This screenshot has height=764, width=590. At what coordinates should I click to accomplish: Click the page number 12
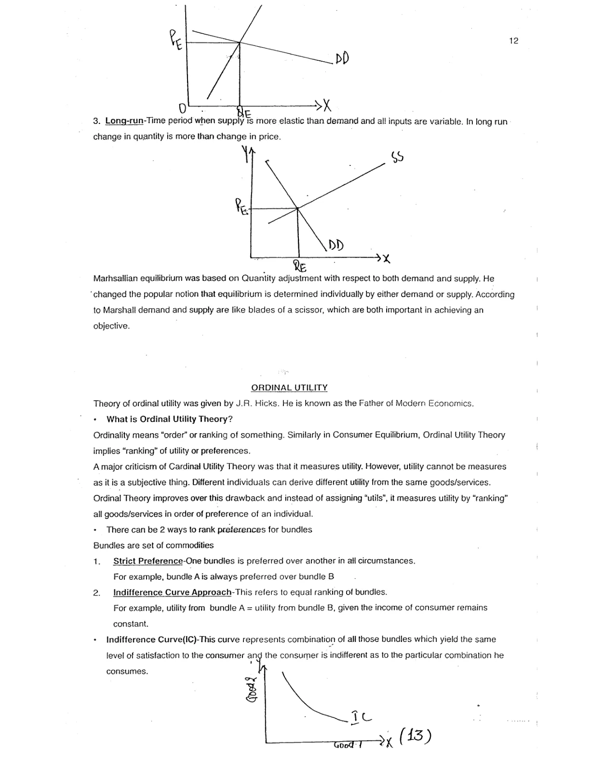pyautogui.click(x=513, y=41)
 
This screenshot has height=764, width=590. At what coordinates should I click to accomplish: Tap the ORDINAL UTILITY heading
pyautogui.click(x=289, y=388)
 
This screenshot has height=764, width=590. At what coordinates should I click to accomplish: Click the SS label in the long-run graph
pyautogui.click(x=398, y=158)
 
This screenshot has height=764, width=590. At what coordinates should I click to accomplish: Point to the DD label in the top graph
pyautogui.click(x=342, y=59)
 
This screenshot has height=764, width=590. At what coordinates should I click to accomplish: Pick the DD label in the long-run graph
pyautogui.click(x=336, y=245)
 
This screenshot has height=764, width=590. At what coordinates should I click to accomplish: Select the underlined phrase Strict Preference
pyautogui.click(x=148, y=561)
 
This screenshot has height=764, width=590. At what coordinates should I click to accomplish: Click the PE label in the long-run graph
pyautogui.click(x=242, y=207)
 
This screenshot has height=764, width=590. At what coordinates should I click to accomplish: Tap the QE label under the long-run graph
pyautogui.click(x=299, y=266)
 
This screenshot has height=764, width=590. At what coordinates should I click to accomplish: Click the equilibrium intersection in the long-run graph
pyautogui.click(x=297, y=208)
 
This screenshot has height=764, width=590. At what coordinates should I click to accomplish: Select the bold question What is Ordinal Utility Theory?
pyautogui.click(x=170, y=419)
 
